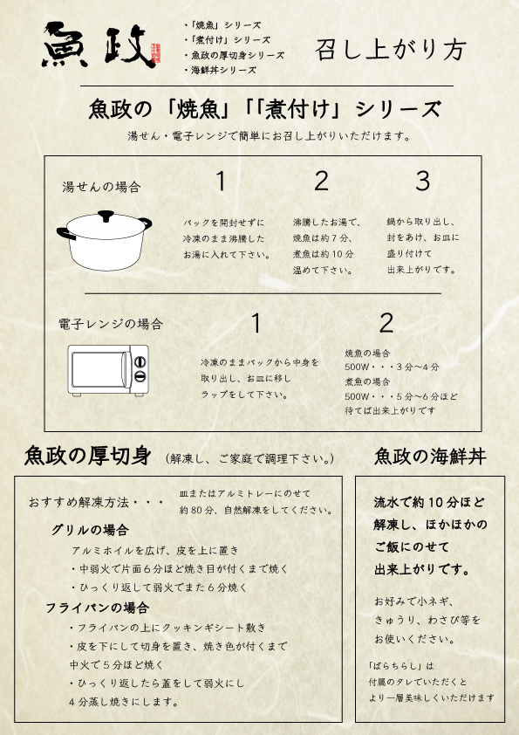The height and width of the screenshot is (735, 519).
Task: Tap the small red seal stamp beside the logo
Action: click(156, 53)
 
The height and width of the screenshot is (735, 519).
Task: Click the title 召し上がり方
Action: click(391, 50)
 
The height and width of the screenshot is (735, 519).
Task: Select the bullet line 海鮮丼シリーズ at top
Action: click(221, 71)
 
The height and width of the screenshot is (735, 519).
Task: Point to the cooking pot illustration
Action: click(104, 241)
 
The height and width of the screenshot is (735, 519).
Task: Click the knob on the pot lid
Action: click(106, 216)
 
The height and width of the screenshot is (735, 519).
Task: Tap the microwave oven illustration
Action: click(108, 370)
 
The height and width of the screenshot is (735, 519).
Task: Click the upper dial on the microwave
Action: click(140, 361)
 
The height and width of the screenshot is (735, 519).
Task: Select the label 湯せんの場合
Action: click(101, 188)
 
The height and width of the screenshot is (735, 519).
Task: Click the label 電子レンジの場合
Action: click(111, 324)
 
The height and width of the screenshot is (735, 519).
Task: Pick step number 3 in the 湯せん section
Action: click(422, 181)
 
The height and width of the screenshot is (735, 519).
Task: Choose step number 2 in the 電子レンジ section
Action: click(386, 323)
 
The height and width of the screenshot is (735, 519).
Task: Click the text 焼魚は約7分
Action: click(322, 238)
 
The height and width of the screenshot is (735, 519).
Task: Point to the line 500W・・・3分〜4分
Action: click(392, 367)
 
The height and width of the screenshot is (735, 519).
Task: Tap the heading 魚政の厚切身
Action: click(87, 456)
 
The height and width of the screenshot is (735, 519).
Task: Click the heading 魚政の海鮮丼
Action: click(430, 456)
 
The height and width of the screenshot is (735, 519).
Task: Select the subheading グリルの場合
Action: click(90, 530)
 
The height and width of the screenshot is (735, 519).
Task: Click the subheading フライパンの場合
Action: click(98, 608)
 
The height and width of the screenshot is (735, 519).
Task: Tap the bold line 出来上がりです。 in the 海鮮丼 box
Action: click(422, 570)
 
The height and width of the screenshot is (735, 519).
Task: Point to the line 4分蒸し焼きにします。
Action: click(124, 702)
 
